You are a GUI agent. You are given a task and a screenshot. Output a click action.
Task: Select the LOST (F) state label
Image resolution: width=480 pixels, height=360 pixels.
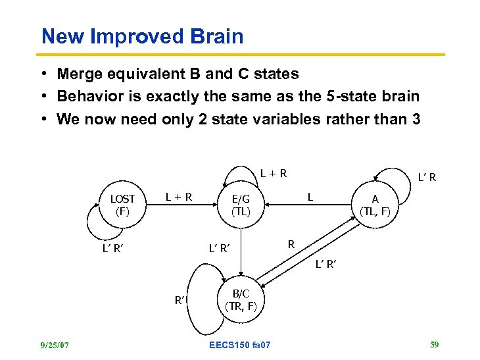coord(122,205)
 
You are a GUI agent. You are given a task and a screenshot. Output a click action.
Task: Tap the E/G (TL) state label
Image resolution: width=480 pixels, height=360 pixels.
coord(241,205)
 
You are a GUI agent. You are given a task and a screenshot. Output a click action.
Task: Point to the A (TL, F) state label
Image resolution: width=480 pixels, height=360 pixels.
coord(375,205)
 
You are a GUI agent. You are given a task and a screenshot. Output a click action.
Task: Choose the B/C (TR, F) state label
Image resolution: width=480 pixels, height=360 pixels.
coord(241,299)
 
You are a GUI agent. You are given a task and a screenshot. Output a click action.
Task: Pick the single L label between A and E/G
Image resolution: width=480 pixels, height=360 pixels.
coord(311,195)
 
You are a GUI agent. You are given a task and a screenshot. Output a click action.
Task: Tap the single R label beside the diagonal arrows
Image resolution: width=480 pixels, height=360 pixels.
coord(291,244)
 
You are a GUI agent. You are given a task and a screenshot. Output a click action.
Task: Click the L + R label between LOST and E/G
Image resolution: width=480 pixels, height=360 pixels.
coord(179,195)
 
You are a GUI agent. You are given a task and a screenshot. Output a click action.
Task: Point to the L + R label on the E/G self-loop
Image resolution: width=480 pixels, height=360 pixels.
coord(273,174)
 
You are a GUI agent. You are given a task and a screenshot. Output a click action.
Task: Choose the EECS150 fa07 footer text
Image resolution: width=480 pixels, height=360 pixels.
coord(239,345)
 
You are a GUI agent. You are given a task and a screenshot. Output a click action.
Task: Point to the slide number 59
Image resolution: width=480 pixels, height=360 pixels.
coord(433,344)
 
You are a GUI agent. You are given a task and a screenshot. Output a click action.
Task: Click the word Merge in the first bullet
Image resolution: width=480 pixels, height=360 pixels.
coord(80,74)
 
